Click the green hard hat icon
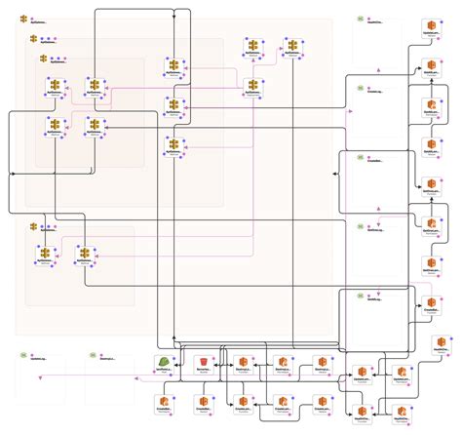pos(165,363)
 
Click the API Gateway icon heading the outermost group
pos(23,20)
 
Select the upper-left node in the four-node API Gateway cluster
pos(56,86)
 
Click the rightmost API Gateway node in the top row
pos(291,46)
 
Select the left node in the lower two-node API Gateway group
pos(46,253)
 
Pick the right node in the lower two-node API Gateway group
pos(84,253)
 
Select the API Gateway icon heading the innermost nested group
pos(43,59)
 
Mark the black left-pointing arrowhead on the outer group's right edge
pos(334,174)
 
